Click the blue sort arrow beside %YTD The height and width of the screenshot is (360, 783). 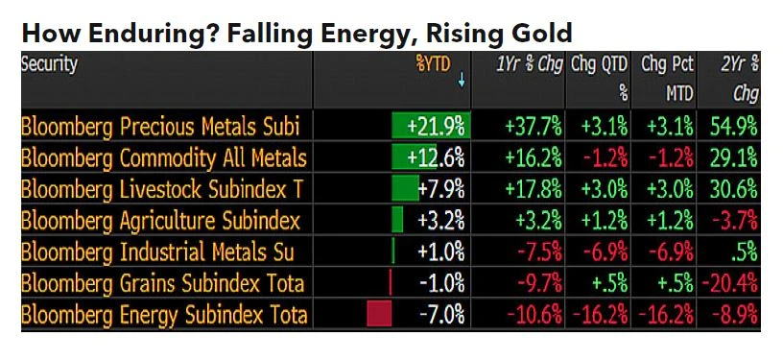pos(462,83)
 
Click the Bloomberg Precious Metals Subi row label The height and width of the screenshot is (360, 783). pos(160,127)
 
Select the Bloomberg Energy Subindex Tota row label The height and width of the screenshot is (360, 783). pos(164,314)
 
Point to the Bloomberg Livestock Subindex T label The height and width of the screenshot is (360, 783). pos(160,189)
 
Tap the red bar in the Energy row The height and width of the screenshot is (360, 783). pos(379,314)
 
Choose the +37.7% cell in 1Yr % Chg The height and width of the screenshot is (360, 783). pos(527,127)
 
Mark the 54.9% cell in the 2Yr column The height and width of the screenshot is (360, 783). pos(735,127)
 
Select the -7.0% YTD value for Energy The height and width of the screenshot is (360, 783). pos(441,314)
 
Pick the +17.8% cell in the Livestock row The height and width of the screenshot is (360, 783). pos(527,189)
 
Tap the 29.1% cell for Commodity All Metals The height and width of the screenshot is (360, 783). pos(735,157)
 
